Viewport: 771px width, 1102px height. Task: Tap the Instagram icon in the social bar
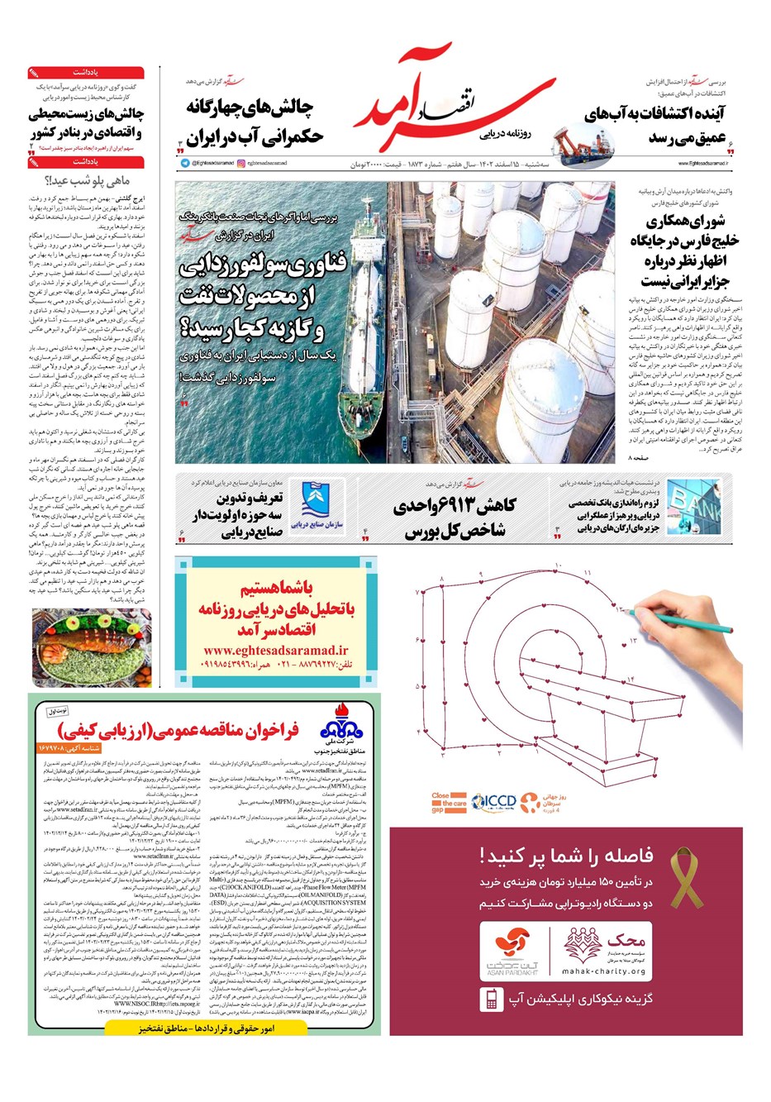pyautogui.click(x=241, y=164)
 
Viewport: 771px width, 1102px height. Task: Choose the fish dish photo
pyautogui.click(x=91, y=647)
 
